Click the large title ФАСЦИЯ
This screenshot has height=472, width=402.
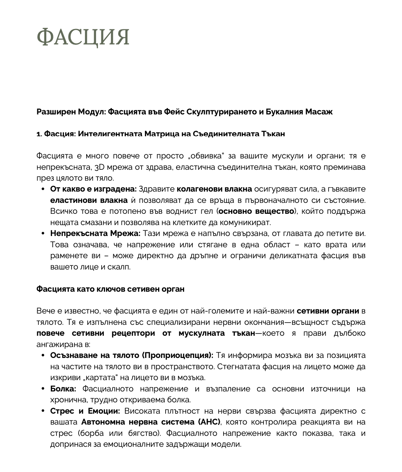point(83,37)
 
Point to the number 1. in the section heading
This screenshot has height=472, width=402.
point(39,134)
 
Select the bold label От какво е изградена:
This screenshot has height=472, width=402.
point(93,189)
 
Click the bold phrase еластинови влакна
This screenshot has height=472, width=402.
point(89,200)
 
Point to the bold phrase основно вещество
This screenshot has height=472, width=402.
point(256,211)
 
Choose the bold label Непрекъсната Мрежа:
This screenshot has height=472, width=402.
point(95,233)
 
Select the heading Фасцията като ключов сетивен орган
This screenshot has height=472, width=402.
point(110,289)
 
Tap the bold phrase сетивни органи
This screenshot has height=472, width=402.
point(328,311)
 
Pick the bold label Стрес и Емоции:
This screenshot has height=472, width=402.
point(85,411)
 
